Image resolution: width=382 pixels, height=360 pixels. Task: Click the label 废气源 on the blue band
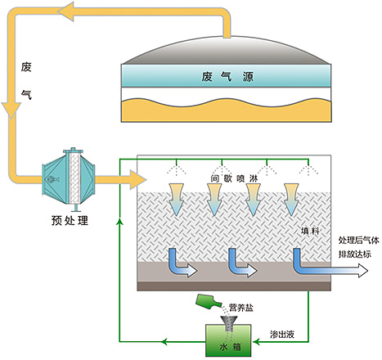227,77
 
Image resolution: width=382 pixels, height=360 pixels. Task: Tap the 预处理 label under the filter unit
70,220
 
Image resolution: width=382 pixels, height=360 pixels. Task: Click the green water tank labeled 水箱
228,340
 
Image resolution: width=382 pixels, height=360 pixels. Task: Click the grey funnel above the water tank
229,322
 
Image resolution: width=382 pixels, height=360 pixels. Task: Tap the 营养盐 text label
241,308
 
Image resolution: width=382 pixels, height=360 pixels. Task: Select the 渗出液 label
282,335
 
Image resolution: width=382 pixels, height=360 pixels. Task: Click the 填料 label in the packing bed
310,232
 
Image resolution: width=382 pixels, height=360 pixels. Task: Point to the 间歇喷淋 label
234,178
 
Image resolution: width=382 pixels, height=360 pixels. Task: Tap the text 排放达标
355,254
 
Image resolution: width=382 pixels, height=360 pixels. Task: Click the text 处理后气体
359,241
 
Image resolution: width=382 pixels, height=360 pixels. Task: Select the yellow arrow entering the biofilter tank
120,180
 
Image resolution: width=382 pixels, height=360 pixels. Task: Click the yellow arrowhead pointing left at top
66,11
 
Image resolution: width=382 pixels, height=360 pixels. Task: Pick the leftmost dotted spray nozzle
177,168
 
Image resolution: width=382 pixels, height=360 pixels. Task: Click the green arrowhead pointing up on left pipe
119,222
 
